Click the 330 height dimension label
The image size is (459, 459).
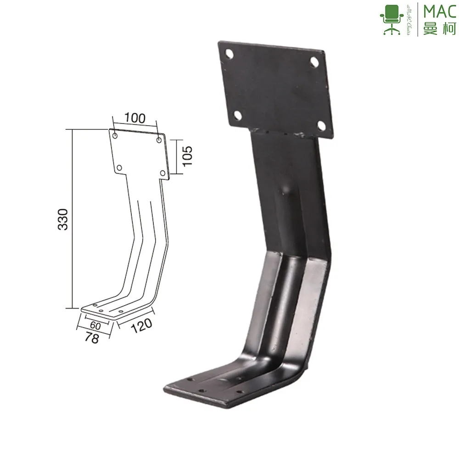[x=64, y=219]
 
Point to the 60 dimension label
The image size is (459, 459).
[x=95, y=325]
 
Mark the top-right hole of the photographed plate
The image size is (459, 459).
[x=315, y=61]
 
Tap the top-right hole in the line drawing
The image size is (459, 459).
[x=159, y=140]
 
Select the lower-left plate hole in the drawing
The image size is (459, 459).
[x=119, y=168]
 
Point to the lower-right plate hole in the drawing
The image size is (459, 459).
[x=162, y=173]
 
